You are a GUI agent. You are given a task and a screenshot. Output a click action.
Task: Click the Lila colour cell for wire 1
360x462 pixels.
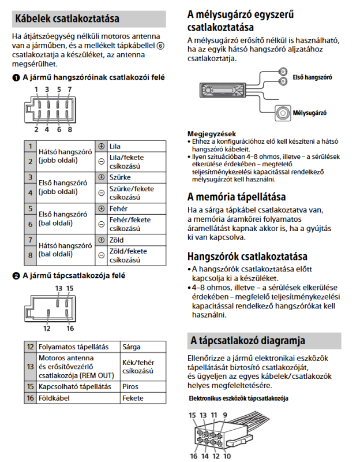click(x=115, y=147)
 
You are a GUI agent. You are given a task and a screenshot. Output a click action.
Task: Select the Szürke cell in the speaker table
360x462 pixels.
click(x=119, y=177)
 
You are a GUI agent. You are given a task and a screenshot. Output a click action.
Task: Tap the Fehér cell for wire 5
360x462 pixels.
click(x=118, y=208)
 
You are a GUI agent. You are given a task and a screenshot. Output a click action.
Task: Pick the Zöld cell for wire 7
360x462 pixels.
click(x=117, y=240)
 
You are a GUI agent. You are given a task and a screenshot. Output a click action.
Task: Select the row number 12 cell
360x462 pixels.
click(x=30, y=347)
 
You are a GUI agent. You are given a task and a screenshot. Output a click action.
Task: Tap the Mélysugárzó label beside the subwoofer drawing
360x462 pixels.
click(x=310, y=113)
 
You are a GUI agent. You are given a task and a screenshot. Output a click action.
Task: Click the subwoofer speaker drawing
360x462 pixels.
click(x=283, y=112)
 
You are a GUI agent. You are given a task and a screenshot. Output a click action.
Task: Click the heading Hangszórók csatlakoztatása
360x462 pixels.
click(x=247, y=256)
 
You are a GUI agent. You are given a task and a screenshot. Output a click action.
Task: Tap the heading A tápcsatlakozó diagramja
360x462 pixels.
click(x=247, y=340)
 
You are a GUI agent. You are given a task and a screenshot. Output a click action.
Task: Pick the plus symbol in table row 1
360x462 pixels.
click(x=102, y=147)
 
